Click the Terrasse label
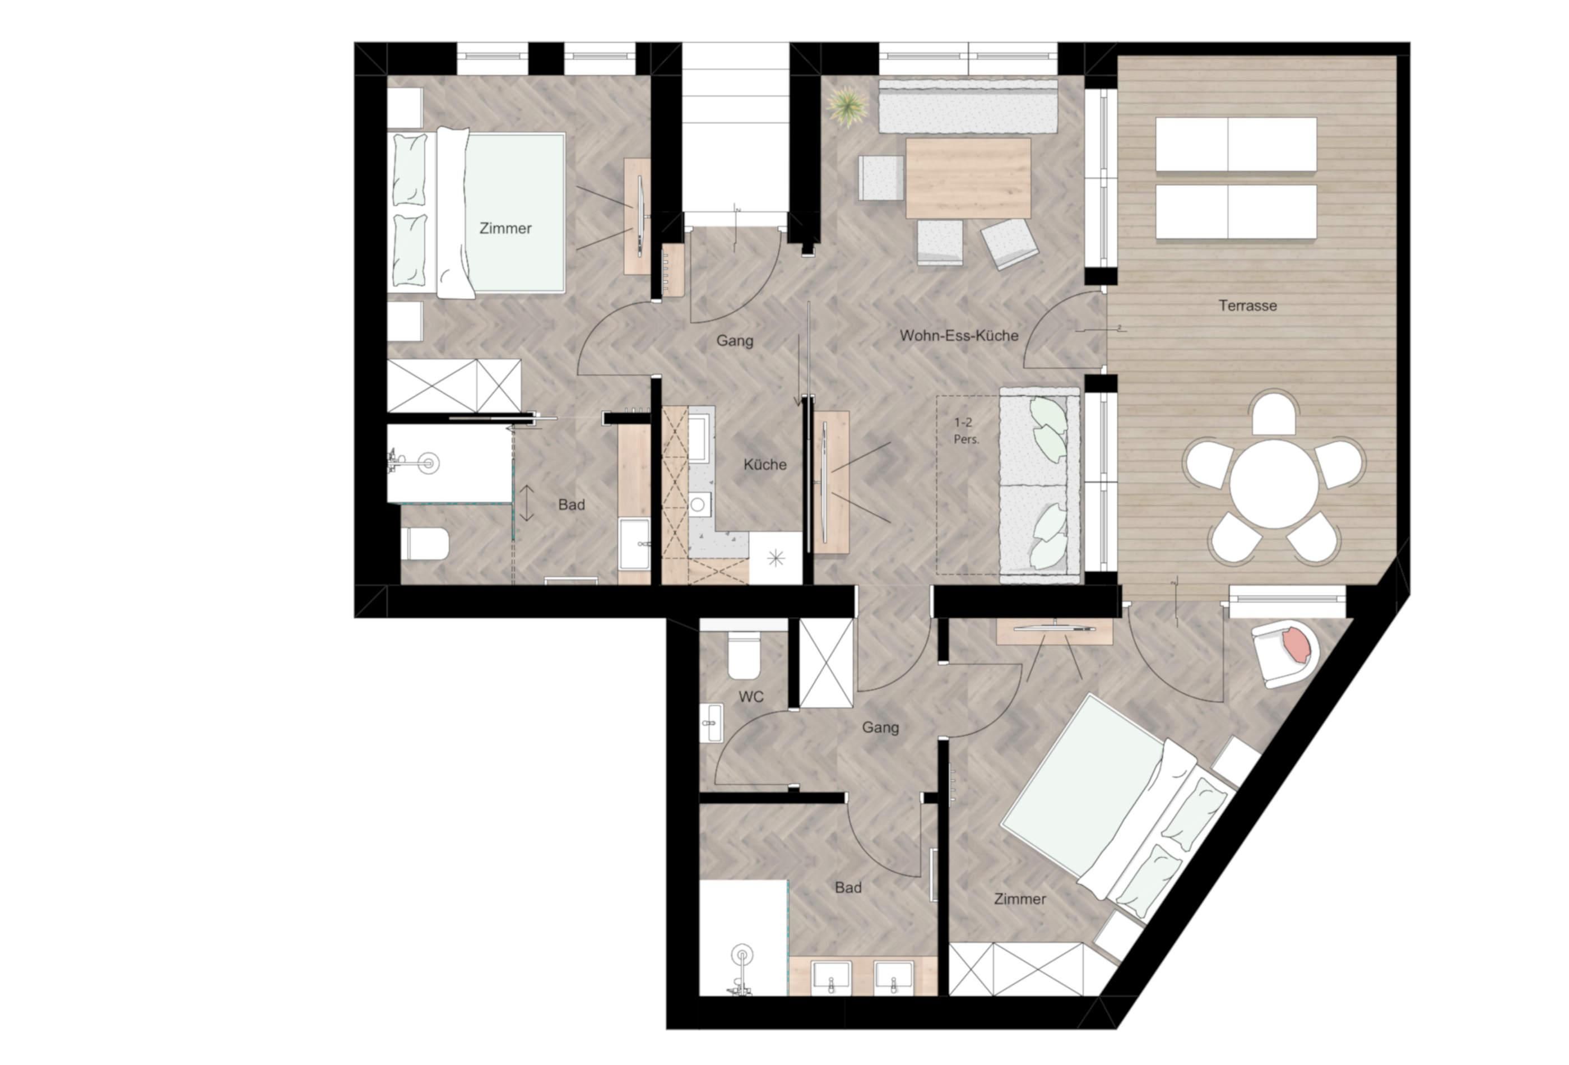point(1248,305)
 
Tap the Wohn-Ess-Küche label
point(959,336)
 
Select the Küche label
point(765,465)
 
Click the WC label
point(751,696)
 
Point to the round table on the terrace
point(1273,484)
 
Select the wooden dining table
point(968,178)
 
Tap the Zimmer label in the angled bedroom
point(1019,899)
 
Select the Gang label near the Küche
point(735,340)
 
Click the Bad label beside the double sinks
point(848,887)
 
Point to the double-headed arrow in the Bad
point(527,503)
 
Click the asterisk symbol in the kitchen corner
point(775,558)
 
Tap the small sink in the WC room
point(711,723)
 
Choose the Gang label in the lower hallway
point(880,728)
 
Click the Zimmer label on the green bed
point(505,228)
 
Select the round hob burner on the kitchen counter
point(698,504)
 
